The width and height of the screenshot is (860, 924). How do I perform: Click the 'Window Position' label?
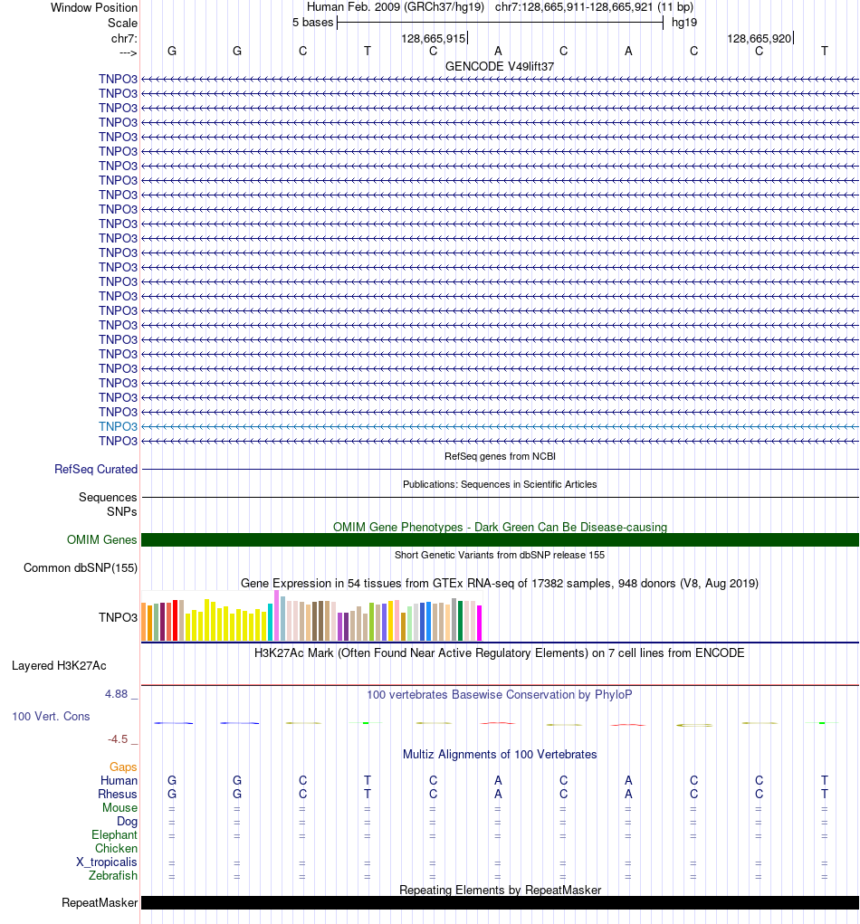click(x=94, y=7)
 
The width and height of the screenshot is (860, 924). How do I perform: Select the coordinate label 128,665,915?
click(x=434, y=39)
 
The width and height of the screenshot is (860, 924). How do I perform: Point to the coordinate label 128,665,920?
click(x=759, y=39)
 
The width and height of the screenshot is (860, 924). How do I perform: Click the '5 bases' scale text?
click(x=312, y=23)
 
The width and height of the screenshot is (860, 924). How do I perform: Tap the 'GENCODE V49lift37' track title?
click(x=500, y=66)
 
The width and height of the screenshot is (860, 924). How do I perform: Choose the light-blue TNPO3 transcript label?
click(x=118, y=426)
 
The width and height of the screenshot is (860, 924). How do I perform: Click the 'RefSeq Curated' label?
click(x=96, y=470)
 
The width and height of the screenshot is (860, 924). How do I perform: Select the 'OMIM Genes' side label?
click(x=102, y=540)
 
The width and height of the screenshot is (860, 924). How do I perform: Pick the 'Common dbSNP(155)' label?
click(x=80, y=568)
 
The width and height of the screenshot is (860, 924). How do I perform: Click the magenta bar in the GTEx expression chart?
click(x=480, y=623)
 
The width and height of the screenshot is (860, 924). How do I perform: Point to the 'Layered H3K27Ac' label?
click(x=59, y=666)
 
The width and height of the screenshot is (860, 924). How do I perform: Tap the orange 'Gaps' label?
click(x=123, y=767)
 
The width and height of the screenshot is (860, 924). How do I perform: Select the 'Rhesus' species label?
click(x=118, y=795)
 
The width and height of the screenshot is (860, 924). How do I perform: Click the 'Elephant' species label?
click(x=114, y=835)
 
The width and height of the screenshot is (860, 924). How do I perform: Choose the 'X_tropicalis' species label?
click(x=107, y=862)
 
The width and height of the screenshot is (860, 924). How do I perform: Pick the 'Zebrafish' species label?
click(x=113, y=876)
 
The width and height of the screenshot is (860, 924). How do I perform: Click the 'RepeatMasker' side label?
click(x=100, y=903)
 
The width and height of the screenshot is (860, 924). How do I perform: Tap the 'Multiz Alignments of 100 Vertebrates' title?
click(x=500, y=754)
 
